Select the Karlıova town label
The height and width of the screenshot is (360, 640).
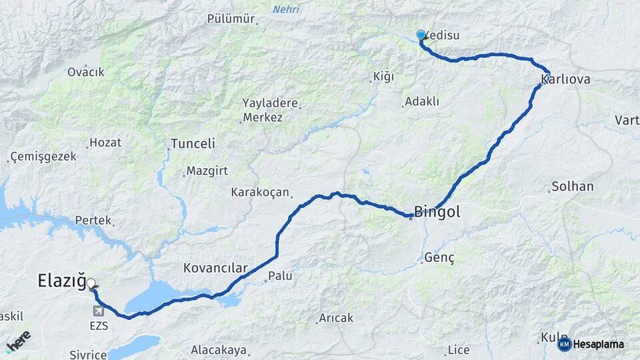566,81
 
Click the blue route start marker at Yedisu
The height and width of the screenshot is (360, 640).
421,35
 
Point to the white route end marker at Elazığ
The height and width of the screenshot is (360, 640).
91,283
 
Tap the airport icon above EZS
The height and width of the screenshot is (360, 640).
99,311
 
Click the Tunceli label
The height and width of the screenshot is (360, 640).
193,144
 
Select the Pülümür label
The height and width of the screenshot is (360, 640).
231,19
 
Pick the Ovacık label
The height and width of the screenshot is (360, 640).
86,72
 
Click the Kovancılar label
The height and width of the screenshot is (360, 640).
215,269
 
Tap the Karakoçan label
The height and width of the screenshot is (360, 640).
260,193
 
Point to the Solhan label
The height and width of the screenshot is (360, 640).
572,187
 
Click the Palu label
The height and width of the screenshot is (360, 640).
280,276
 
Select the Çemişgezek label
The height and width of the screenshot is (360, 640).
43,157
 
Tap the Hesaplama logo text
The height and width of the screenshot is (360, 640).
598,345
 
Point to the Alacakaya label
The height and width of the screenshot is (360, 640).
219,350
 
